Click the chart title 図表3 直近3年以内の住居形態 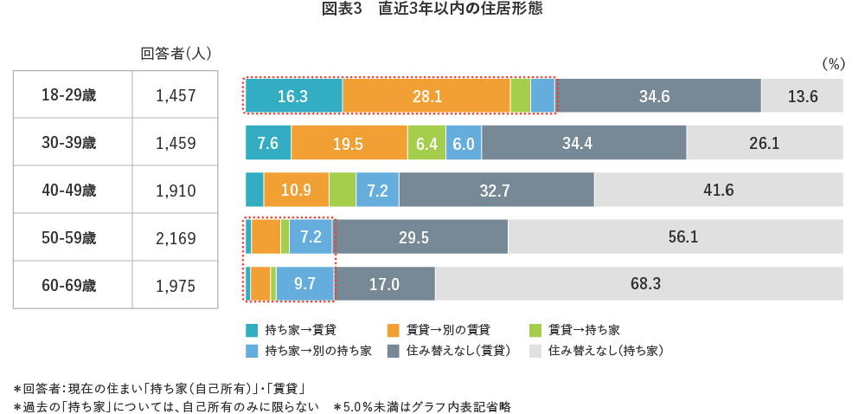432,10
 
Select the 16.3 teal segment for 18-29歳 294,95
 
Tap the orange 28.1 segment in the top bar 426,95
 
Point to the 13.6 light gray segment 802,95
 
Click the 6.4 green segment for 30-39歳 426,143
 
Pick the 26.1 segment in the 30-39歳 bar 765,143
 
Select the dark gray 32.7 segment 497,190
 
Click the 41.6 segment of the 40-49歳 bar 719,190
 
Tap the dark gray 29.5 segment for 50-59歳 421,236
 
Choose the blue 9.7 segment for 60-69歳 305,283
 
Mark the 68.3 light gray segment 639,283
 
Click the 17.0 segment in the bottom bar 384,283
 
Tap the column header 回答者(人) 176,54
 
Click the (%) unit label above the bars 831,64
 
